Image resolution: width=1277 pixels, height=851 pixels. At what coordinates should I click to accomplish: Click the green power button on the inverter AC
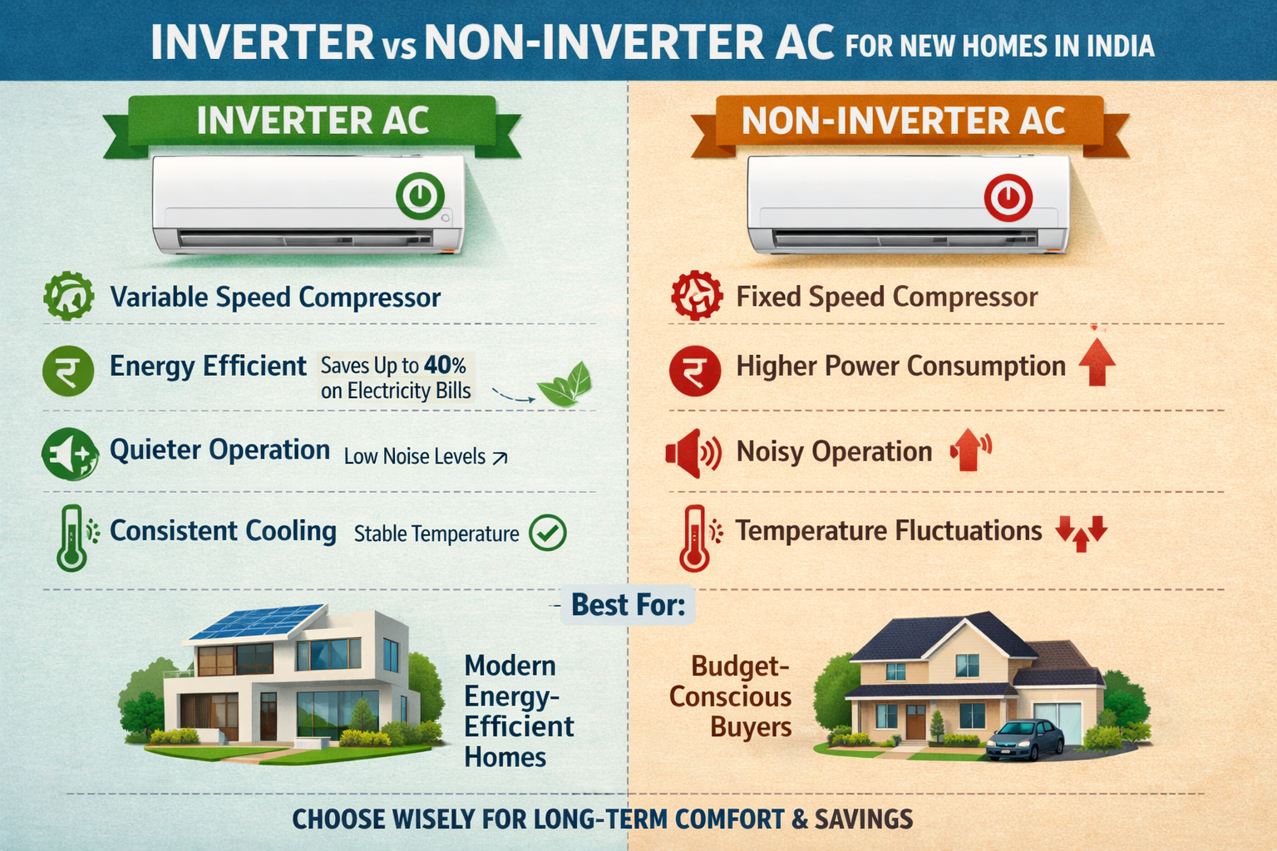point(420,195)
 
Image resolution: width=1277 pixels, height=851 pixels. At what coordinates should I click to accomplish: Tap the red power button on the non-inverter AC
point(1008,197)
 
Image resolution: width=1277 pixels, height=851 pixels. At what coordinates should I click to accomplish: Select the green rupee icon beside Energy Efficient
point(68,371)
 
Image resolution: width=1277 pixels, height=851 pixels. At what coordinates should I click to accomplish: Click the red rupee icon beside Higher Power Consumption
point(695,371)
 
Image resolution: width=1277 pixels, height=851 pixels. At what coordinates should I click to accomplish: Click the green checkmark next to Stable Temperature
point(547,533)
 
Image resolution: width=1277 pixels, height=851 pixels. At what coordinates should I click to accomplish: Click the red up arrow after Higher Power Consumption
point(1097,362)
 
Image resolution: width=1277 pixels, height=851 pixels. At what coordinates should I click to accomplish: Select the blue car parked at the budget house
point(1025,740)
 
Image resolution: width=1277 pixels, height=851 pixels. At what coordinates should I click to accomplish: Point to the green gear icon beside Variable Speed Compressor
point(68,296)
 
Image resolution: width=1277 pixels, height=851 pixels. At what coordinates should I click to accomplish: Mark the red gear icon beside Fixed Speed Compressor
point(697,296)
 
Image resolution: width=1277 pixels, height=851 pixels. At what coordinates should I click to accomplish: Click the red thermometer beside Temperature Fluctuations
point(694,538)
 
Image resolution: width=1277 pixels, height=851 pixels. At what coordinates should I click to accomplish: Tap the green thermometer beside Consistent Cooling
point(71,538)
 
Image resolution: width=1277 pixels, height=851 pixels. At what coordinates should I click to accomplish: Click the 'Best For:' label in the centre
point(628,605)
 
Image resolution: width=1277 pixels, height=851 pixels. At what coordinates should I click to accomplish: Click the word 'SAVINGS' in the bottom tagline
point(864,819)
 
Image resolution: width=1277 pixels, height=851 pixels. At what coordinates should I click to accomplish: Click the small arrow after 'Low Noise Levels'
point(500,458)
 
